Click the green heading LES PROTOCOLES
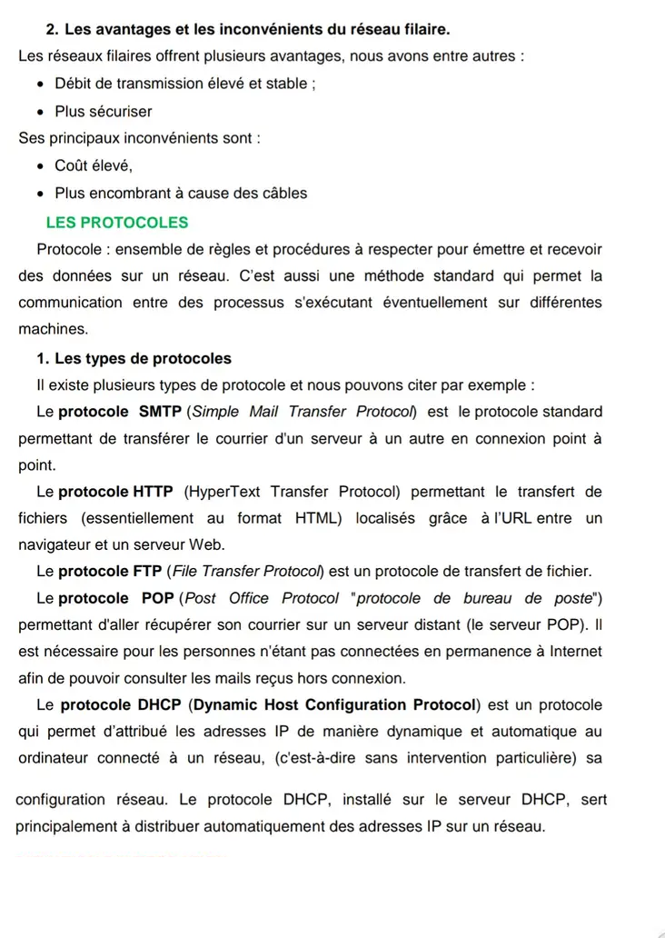pyautogui.click(x=117, y=223)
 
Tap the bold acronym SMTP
pyautogui.click(x=161, y=412)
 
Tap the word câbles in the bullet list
pyautogui.click(x=284, y=193)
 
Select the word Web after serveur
pyautogui.click(x=206, y=544)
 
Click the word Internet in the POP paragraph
pyautogui.click(x=571, y=652)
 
